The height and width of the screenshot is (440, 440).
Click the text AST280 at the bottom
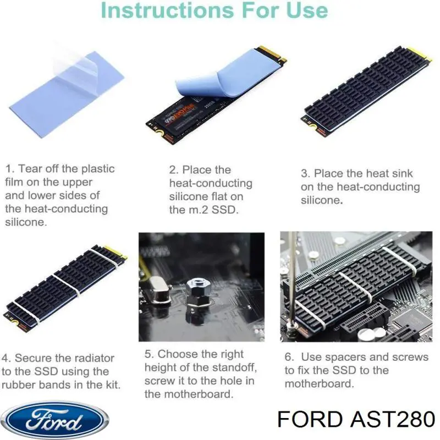pyautogui.click(x=392, y=420)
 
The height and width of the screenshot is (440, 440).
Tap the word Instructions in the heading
pyautogui.click(x=167, y=10)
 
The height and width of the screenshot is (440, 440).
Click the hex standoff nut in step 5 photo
pyautogui.click(x=197, y=292)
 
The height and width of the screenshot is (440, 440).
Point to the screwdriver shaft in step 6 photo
pyautogui.click(x=292, y=278)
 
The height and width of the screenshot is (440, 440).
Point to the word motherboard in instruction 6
pyautogui.click(x=319, y=383)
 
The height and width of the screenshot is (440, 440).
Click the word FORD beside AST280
pyautogui.click(x=310, y=420)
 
